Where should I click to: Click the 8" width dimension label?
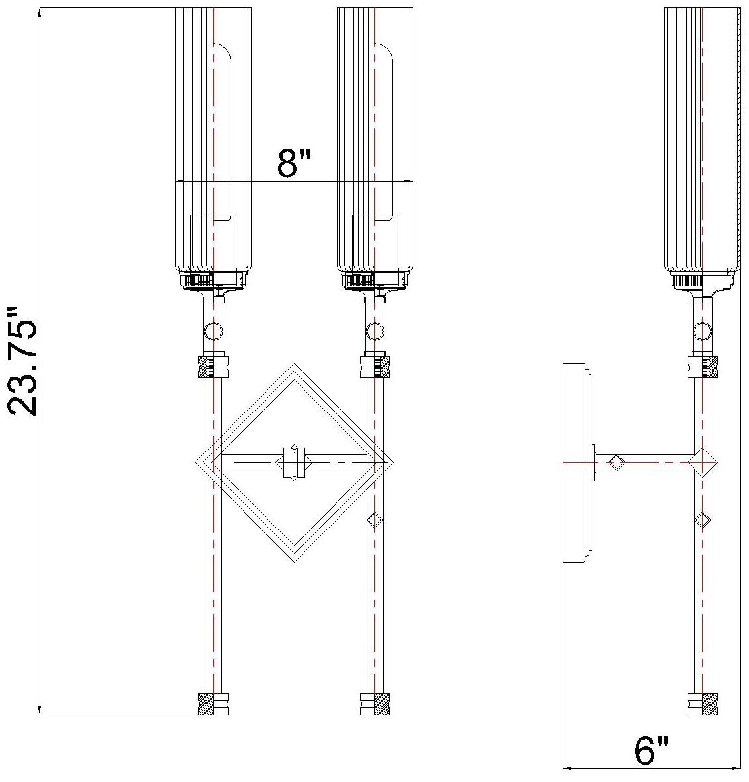coord(293,163)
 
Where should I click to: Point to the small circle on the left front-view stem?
coord(213,329)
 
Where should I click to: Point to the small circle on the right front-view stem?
coord(374,330)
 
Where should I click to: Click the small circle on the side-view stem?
coord(702,329)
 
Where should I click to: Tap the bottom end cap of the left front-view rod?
coord(213,704)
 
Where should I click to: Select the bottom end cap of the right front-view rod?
coord(374,704)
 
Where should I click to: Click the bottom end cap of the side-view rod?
coord(702,704)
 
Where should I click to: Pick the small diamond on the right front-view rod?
coord(374,520)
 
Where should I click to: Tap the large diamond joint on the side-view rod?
coord(702,462)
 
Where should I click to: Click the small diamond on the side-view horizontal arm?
coord(616,462)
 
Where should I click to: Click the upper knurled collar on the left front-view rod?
coord(213,367)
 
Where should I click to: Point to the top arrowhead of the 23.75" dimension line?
coord(41,13)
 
